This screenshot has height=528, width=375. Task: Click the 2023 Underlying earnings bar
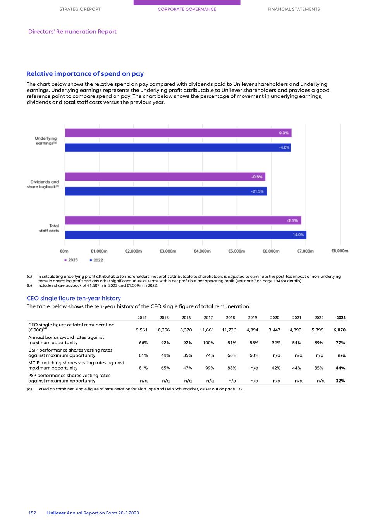click(x=178, y=133)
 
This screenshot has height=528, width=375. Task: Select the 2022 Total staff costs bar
click(x=186, y=235)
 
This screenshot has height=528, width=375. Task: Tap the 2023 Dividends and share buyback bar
click(x=165, y=177)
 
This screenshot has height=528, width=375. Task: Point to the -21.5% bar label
click(x=258, y=191)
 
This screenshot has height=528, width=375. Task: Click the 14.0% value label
click(x=298, y=235)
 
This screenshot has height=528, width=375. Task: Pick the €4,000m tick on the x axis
click(x=202, y=251)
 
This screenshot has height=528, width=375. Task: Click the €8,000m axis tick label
click(x=340, y=251)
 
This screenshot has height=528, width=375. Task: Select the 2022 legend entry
click(x=96, y=260)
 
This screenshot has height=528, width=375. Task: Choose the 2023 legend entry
click(x=71, y=260)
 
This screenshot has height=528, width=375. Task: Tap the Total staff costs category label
click(x=49, y=228)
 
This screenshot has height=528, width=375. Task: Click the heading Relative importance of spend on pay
click(x=85, y=74)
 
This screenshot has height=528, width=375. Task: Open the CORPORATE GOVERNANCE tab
click(x=187, y=9)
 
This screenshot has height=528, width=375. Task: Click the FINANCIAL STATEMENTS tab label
click(x=294, y=9)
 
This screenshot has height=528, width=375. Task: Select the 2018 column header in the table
click(x=231, y=318)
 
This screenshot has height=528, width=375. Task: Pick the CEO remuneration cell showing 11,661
click(x=207, y=330)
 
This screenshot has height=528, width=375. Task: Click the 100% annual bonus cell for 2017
click(x=208, y=343)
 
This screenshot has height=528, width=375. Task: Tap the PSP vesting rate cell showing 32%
click(x=340, y=381)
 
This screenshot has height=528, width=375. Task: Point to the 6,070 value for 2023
click(x=339, y=330)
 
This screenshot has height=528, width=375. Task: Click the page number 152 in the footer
click(x=32, y=513)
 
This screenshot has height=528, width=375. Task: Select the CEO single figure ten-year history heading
click(x=74, y=298)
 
